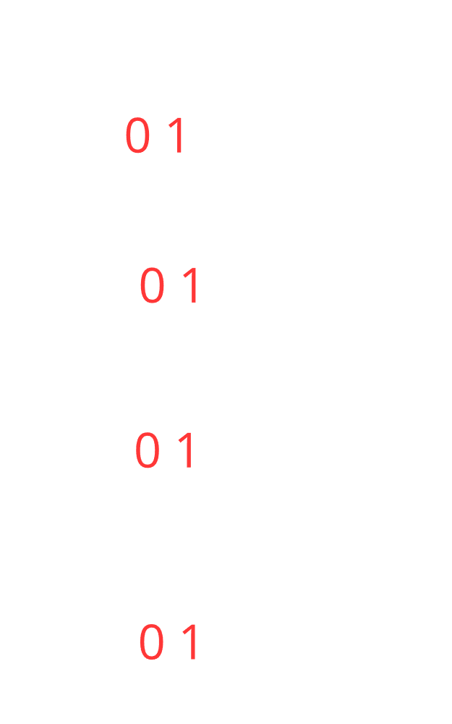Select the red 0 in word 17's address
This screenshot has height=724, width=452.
(x=152, y=285)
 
